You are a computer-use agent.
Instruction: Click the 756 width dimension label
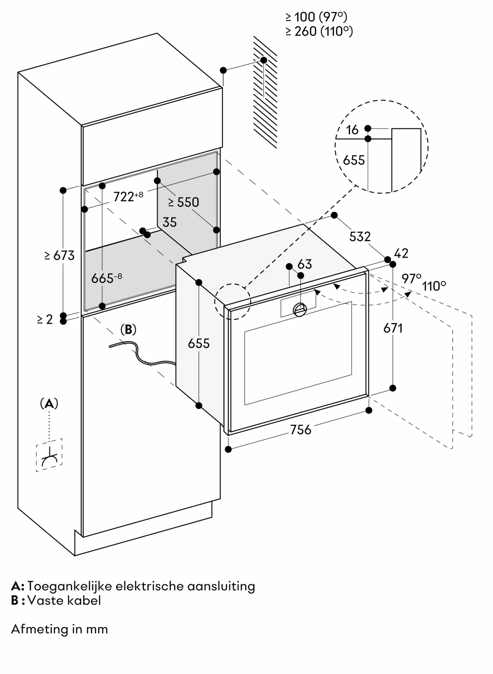tap(300, 430)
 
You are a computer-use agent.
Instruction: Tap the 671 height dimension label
tap(393, 328)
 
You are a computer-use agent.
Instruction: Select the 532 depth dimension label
tap(360, 237)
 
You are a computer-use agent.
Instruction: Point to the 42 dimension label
tap(401, 253)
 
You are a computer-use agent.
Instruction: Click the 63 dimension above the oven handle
tap(305, 264)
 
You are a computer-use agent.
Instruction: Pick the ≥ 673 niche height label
tap(59, 255)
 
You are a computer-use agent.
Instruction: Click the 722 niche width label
tap(128, 196)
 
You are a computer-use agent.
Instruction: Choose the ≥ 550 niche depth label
tap(184, 202)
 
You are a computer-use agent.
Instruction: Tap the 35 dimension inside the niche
tap(169, 222)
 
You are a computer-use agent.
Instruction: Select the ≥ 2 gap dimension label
tap(45, 319)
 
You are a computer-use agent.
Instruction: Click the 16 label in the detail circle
tap(352, 130)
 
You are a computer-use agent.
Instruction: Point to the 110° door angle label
tap(434, 286)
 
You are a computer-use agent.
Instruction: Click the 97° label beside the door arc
tap(411, 278)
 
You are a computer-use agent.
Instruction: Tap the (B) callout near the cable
tap(128, 330)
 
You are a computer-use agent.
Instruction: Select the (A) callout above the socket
tap(49, 403)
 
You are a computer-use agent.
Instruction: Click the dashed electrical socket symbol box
tap(49, 455)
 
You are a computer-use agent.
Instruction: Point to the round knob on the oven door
tap(299, 309)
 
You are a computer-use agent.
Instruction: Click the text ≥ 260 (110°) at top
tap(319, 31)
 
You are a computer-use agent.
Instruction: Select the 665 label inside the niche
tap(106, 278)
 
